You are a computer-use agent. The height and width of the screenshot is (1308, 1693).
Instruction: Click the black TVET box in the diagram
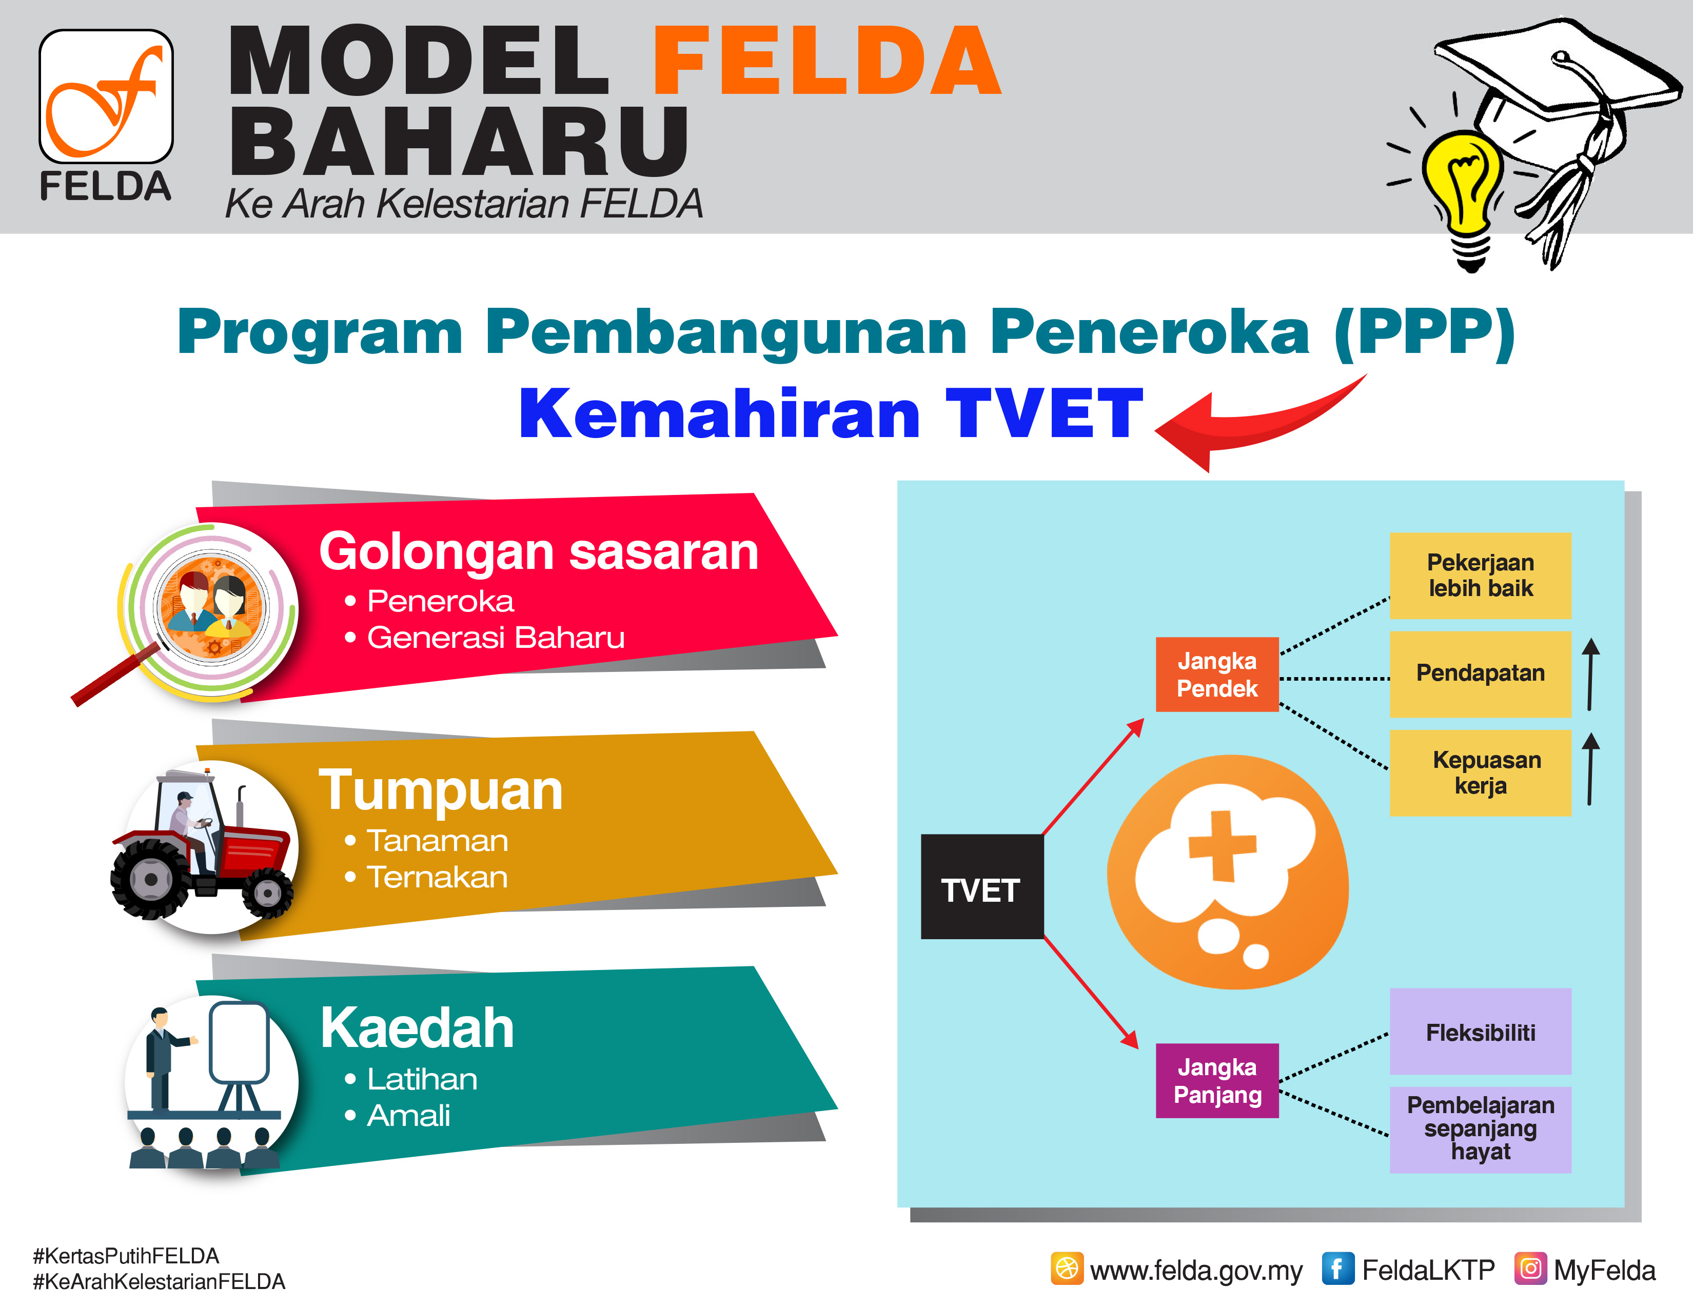[982, 886]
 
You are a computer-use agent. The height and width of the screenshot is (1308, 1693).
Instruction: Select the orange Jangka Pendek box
[1217, 674]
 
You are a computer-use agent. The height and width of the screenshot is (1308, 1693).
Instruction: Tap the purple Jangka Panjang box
[1217, 1080]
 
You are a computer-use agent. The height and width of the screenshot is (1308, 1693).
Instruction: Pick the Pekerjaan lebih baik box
[1480, 575]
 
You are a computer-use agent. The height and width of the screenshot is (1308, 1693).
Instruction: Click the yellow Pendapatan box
[1480, 673]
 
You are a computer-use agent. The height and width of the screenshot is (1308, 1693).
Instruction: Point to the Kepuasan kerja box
[1480, 772]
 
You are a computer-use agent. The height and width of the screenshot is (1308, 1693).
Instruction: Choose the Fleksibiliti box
[1480, 1032]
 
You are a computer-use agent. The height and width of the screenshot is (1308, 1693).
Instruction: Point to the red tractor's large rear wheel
[152, 880]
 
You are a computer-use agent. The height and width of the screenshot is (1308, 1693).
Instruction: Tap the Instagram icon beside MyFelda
[1530, 1269]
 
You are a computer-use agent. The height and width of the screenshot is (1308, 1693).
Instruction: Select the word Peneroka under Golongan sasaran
[440, 601]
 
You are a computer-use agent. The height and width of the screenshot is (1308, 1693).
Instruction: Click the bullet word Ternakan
[437, 877]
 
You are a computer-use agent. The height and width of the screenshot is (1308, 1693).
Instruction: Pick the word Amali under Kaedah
[408, 1116]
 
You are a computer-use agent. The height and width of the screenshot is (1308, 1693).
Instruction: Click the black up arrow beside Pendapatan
[1590, 674]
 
